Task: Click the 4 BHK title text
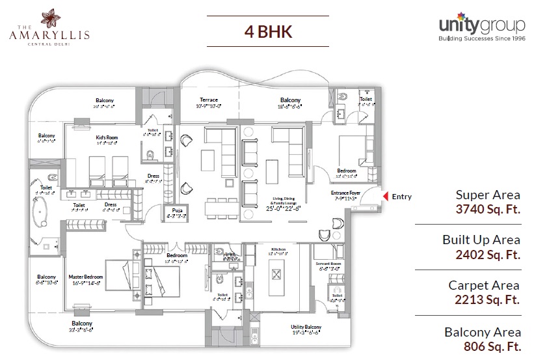[267, 31]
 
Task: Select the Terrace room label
[209, 100]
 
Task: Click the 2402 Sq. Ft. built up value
[488, 255]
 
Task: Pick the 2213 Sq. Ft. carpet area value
[488, 299]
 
